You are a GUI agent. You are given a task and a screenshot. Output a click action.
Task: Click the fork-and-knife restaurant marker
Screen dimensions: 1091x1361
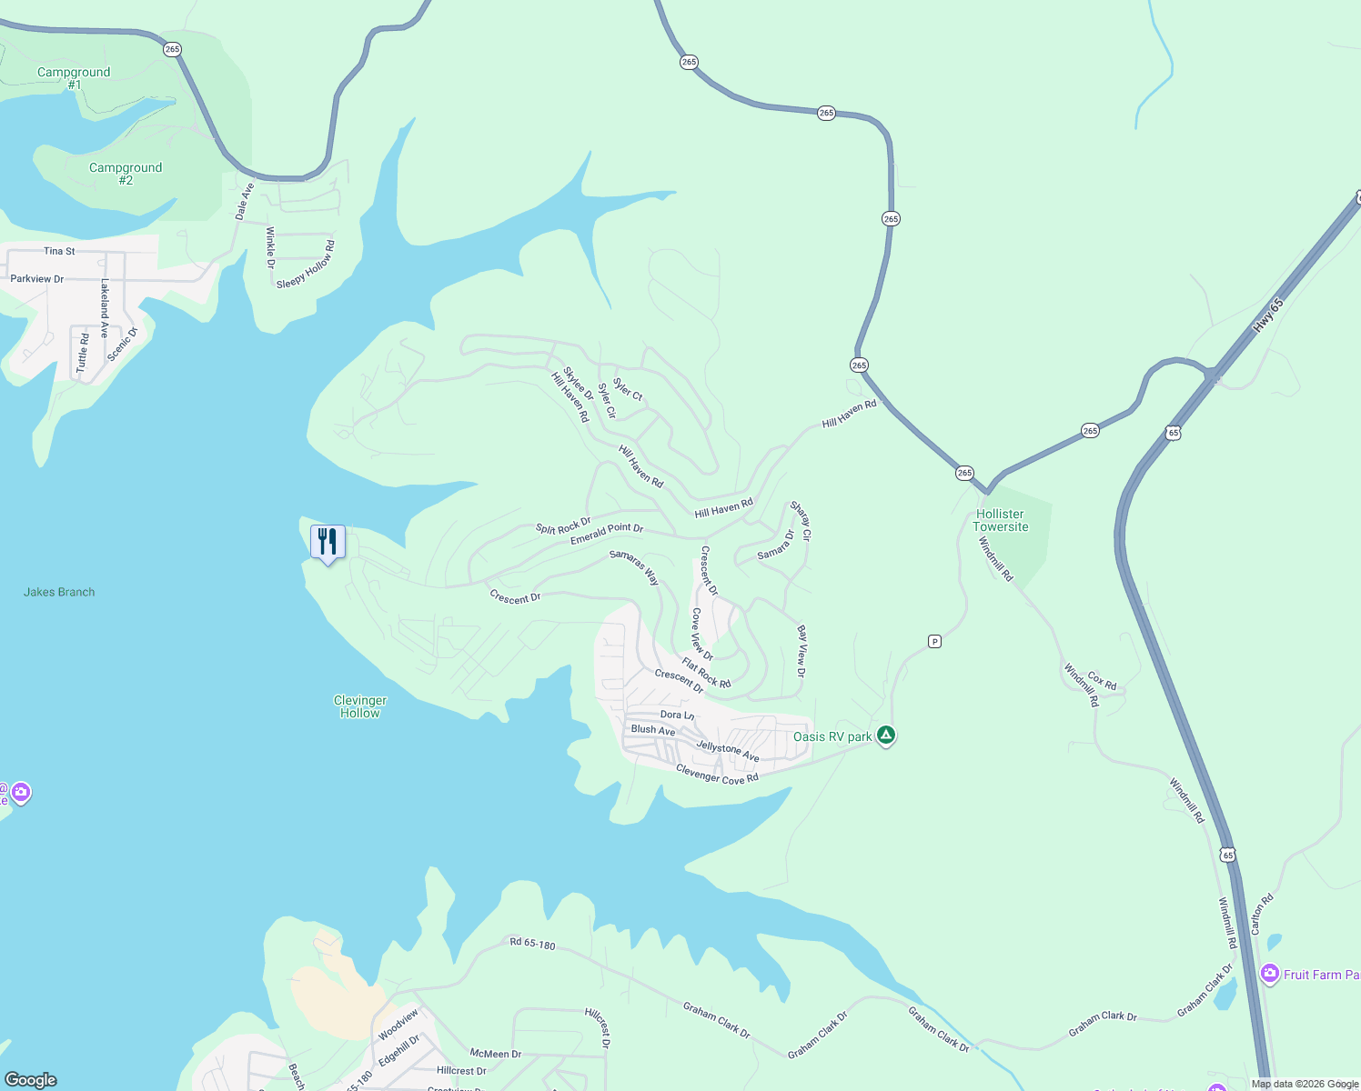[x=328, y=542]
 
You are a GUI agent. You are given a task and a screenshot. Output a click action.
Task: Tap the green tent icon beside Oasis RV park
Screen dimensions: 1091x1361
[x=886, y=736]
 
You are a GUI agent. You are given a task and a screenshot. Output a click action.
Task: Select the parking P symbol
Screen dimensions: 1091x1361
[x=934, y=642]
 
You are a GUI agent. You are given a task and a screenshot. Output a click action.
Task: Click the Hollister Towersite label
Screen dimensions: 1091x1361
[x=1000, y=521]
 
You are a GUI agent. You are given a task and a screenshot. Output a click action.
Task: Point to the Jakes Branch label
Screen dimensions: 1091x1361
[x=59, y=592]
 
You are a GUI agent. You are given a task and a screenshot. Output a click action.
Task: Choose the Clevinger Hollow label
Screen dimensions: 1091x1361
[x=360, y=706]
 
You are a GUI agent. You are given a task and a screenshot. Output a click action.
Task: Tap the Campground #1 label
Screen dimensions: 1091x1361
[x=74, y=78]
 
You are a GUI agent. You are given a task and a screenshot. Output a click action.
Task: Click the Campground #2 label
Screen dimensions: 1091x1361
[x=126, y=174]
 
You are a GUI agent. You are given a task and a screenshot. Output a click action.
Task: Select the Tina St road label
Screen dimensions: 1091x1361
[x=59, y=251]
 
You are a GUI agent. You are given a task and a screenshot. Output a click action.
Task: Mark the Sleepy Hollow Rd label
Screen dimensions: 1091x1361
[x=307, y=265]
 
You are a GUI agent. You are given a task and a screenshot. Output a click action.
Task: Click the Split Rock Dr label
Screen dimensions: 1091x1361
[x=563, y=527]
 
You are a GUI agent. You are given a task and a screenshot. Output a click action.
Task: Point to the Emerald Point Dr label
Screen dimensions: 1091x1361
[x=607, y=534]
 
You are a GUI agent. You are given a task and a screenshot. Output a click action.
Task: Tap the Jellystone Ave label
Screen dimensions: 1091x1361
[x=728, y=751]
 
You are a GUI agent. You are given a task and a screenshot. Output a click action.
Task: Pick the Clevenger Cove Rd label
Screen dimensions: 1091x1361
[x=717, y=774]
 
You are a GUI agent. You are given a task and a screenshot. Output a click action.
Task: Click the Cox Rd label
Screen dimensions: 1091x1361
[x=1102, y=681]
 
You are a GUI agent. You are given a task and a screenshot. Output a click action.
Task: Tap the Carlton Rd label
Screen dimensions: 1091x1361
[x=1262, y=914]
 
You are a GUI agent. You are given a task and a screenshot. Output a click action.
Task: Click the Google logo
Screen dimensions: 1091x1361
[x=31, y=1080]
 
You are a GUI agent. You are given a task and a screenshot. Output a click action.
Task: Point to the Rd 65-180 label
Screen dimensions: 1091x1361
[x=532, y=944]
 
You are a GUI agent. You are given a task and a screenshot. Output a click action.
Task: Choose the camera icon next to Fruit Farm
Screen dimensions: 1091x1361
[x=1270, y=975]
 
